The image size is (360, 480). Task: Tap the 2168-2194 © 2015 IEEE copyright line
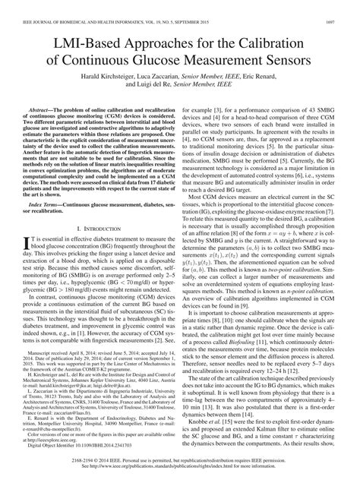(x=180, y=462)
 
